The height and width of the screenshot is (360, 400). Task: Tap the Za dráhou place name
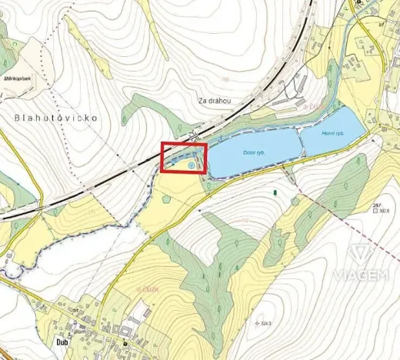click(215, 101)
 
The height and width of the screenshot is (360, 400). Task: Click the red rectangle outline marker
click(183, 158)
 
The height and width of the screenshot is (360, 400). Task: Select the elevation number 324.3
click(268, 322)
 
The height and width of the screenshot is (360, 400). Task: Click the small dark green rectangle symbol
click(275, 189)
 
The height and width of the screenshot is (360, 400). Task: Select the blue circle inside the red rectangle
click(190, 164)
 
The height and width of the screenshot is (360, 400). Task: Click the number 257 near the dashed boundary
click(376, 205)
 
